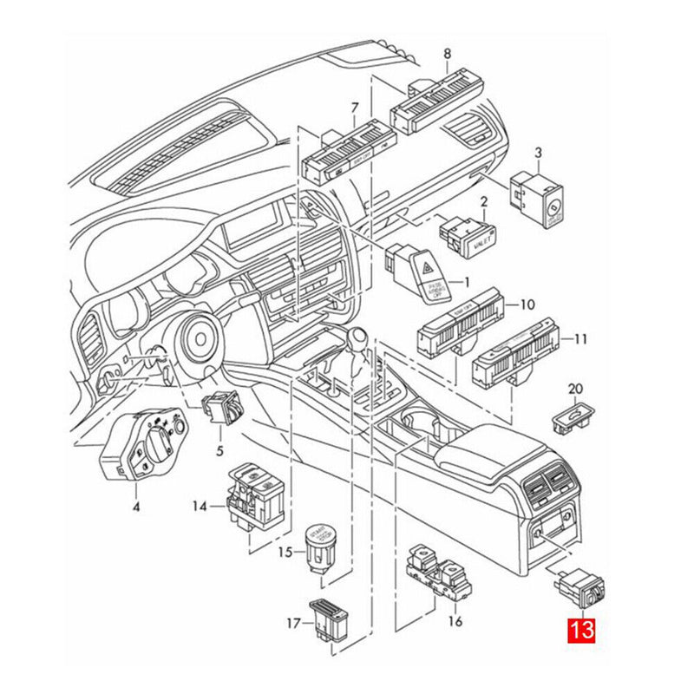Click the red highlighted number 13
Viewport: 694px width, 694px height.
[x=581, y=629]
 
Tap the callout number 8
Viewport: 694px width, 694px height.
[x=447, y=54]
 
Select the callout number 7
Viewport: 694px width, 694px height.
[x=354, y=108]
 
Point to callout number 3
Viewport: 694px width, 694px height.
[x=538, y=154]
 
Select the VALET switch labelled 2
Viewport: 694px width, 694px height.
[x=468, y=236]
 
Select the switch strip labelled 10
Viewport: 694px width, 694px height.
[x=460, y=324]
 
